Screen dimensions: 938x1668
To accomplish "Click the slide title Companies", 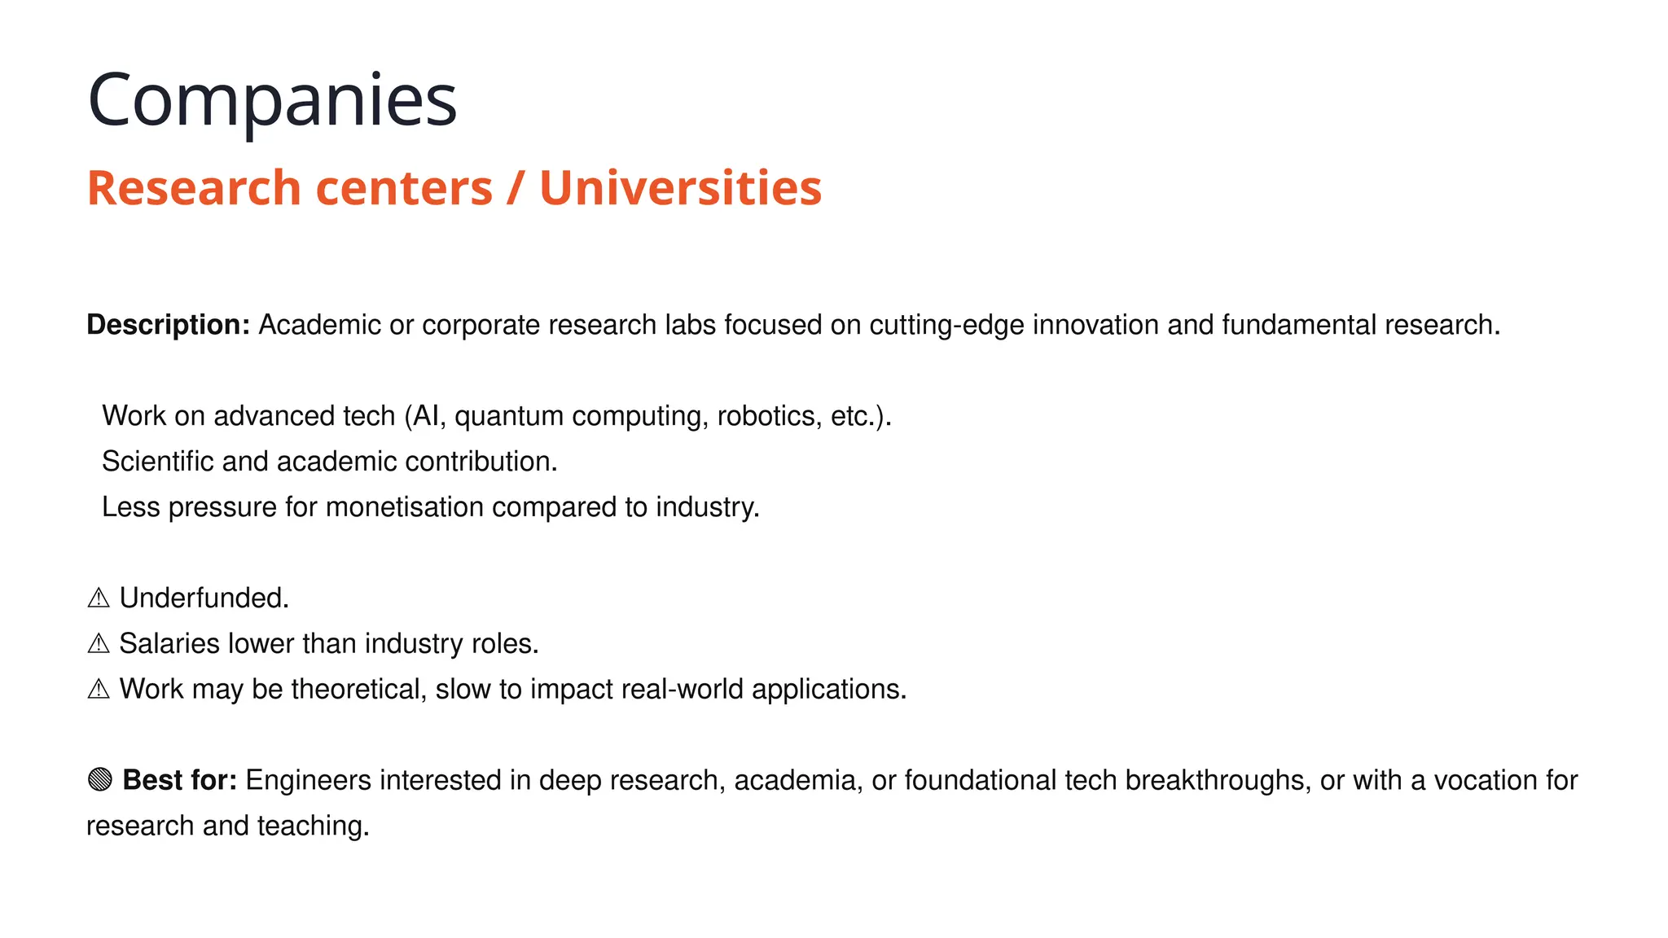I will pyautogui.click(x=272, y=100).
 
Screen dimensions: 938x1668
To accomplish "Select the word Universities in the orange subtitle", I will pyautogui.click(x=680, y=188).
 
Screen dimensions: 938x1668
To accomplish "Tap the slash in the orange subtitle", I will pyautogui.click(x=516, y=188).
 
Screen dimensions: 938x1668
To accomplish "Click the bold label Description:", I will pyautogui.click(x=168, y=325).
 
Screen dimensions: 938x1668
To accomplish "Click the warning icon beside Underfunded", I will pyautogui.click(x=99, y=598).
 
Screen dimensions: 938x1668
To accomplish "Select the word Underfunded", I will pyautogui.click(x=204, y=598).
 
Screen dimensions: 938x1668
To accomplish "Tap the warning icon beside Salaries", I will pyautogui.click(x=99, y=644).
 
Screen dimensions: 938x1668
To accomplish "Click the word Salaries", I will pyautogui.click(x=169, y=644).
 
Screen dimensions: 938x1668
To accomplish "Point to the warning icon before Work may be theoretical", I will pyautogui.click(x=99, y=690).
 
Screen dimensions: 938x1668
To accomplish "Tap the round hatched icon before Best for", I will pyautogui.click(x=99, y=780).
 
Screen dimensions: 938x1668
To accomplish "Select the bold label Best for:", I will pyautogui.click(x=179, y=780).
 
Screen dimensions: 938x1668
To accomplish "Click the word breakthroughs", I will pyautogui.click(x=1218, y=780).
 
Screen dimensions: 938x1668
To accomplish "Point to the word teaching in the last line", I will pyautogui.click(x=313, y=826).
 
